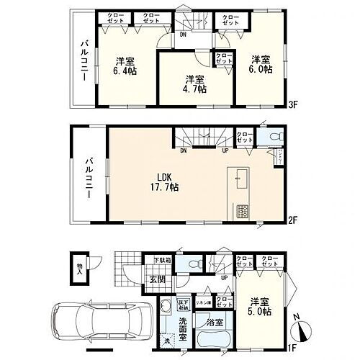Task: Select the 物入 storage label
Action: pyautogui.click(x=78, y=272)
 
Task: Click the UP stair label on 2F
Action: pyautogui.click(x=225, y=150)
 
